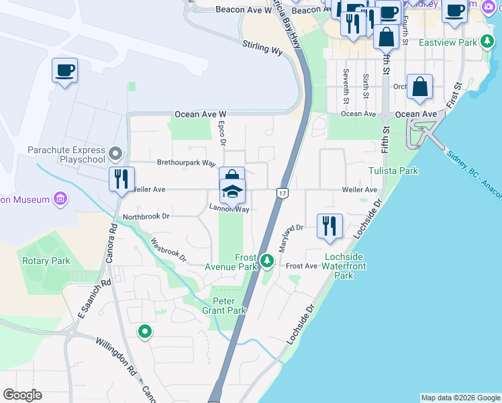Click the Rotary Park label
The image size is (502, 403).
pos(46,261)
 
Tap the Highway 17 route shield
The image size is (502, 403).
pos(282,193)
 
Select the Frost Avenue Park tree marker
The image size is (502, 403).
pos(268,260)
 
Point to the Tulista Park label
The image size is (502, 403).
pos(393,171)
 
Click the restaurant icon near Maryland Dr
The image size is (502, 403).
pos(329,226)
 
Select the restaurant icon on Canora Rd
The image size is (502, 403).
pos(121,179)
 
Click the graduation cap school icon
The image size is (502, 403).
pos(232,192)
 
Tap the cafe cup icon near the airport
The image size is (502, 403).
pos(65,70)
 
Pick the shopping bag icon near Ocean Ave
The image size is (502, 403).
pos(419,87)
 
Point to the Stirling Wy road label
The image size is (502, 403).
pos(262,46)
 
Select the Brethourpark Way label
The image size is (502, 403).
pos(186,163)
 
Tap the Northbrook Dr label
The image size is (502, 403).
pos(146,217)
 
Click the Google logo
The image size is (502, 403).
pos(23,395)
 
